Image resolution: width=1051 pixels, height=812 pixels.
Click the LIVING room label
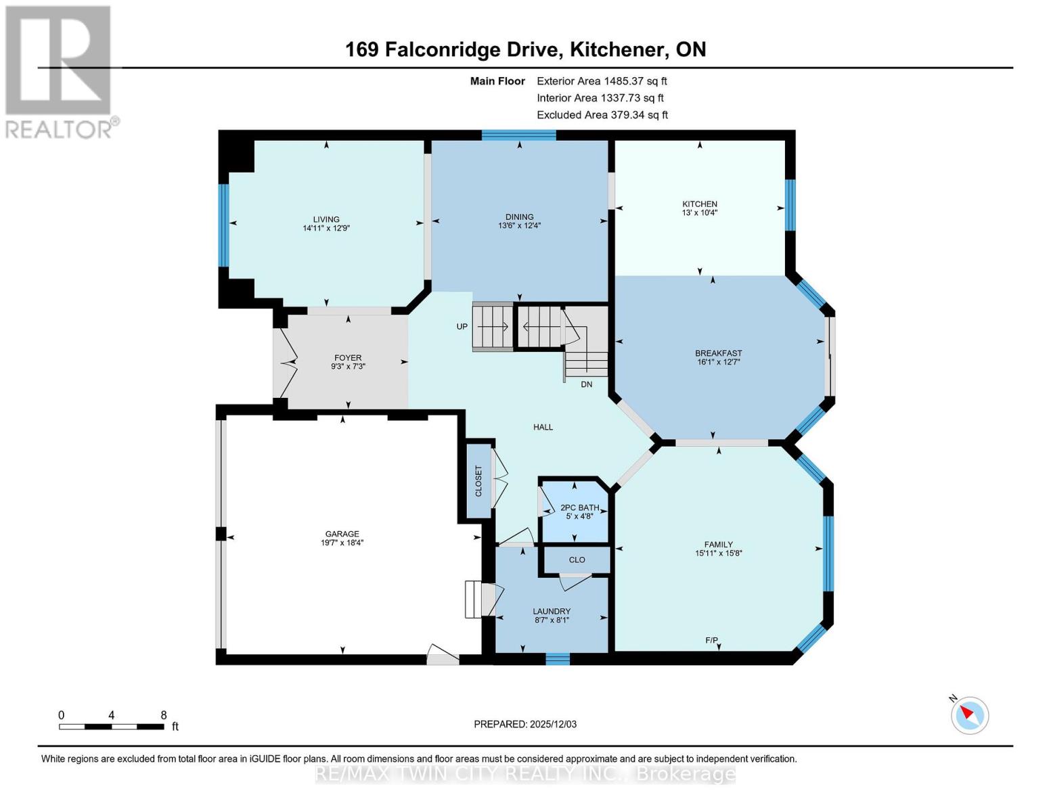(326, 219)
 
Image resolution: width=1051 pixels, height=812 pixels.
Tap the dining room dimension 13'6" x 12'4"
(519, 226)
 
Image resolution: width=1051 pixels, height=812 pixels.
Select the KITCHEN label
(699, 204)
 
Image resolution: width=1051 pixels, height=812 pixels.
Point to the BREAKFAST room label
(718, 353)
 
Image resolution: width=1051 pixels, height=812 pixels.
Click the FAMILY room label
(718, 544)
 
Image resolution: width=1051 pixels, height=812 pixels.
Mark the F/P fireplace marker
(711, 640)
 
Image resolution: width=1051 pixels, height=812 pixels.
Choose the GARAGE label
(342, 534)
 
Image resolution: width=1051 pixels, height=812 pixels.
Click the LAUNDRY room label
(552, 611)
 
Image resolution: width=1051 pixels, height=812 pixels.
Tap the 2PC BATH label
(579, 507)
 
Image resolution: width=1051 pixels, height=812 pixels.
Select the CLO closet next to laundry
(577, 560)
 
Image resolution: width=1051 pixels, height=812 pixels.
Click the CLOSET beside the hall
(478, 480)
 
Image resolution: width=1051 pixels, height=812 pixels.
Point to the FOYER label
(348, 358)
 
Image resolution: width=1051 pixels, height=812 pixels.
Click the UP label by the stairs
(462, 326)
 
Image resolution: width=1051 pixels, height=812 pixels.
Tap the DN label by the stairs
(586, 384)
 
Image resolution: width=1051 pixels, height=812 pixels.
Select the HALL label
(543, 427)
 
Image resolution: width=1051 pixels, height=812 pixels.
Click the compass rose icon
(969, 715)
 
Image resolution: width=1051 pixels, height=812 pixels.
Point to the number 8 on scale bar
(163, 715)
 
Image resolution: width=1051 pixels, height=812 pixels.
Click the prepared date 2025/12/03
(553, 724)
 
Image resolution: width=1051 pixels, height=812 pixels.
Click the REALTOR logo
(60, 71)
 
